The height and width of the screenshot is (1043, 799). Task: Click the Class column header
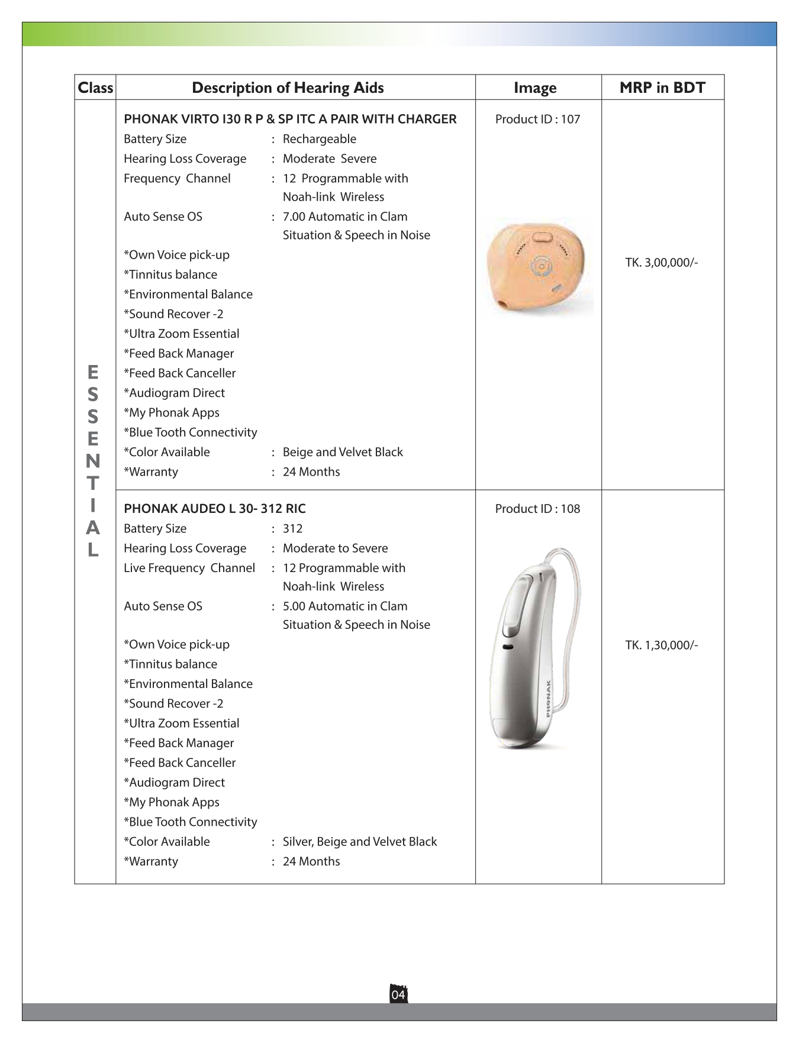coord(95,88)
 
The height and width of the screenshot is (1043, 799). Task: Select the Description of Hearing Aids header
coord(288,88)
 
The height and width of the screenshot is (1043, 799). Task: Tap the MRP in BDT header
coord(662,88)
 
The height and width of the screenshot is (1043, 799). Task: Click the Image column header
coord(535,88)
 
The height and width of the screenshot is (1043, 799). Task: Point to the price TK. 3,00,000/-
coord(662,263)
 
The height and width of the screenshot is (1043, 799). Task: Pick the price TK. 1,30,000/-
coord(662,645)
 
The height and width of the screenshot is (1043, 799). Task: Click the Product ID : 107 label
coord(537,120)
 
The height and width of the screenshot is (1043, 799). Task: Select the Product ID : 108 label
coord(537,509)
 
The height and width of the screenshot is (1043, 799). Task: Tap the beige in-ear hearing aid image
coord(537,266)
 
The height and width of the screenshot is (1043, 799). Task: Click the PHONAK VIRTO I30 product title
coord(290,120)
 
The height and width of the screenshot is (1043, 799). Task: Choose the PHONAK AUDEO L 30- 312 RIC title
coord(215,509)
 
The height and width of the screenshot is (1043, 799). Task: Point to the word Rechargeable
coord(320,139)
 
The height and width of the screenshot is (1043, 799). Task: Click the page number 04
coord(398,994)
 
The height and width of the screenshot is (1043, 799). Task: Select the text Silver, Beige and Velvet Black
coord(360,842)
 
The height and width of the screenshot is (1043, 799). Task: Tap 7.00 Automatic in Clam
coord(345,217)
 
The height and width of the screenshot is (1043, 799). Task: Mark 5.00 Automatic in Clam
coord(345,606)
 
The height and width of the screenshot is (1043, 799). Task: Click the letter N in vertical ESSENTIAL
coord(93,461)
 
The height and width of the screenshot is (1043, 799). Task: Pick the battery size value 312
coord(292,529)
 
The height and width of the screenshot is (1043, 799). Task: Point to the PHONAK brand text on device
coord(549,699)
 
